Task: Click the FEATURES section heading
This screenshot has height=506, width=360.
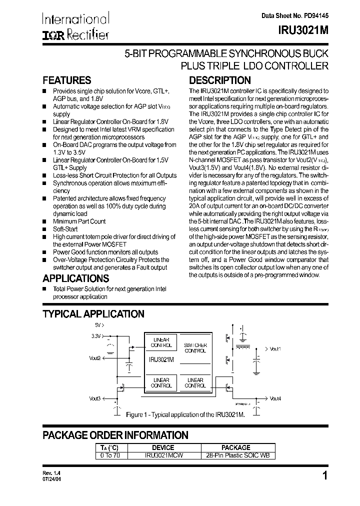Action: [x=66, y=80]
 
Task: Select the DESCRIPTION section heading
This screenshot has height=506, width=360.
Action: [x=219, y=80]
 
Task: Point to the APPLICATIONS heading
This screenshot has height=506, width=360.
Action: [x=75, y=278]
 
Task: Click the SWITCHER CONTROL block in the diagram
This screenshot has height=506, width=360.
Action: [x=194, y=348]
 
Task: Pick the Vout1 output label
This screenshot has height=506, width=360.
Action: [x=275, y=348]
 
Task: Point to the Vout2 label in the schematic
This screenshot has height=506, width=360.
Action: [x=95, y=358]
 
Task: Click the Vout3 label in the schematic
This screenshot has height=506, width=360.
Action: [x=95, y=398]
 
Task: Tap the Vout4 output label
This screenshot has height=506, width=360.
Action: [x=275, y=398]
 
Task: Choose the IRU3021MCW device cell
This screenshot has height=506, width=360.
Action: [x=163, y=455]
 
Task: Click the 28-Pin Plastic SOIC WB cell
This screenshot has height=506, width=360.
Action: [x=235, y=455]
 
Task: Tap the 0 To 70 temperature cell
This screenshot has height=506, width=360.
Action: [x=111, y=455]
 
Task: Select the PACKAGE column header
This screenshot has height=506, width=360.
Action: [x=235, y=447]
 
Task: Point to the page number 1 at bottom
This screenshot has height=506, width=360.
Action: [x=325, y=476]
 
